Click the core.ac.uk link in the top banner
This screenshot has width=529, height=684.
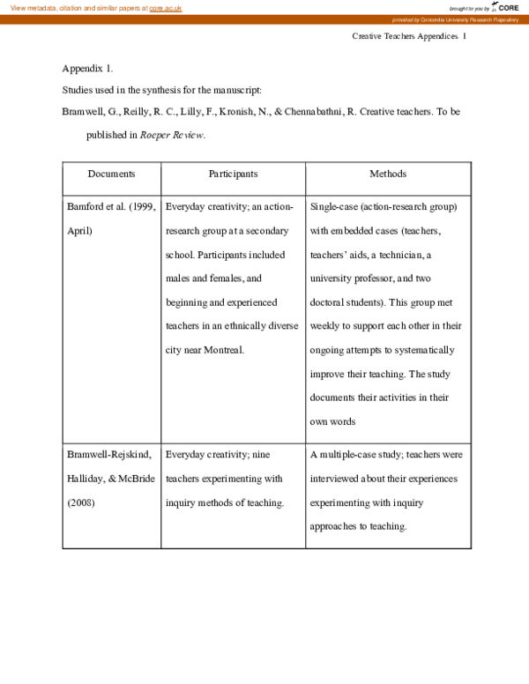pyautogui.click(x=166, y=7)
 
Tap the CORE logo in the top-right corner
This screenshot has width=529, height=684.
pyautogui.click(x=505, y=7)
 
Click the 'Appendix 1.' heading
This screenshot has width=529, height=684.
pyautogui.click(x=87, y=68)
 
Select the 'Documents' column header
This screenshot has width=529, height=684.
pyautogui.click(x=111, y=174)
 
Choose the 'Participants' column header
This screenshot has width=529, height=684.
pyautogui.click(x=233, y=174)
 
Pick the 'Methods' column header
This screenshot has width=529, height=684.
pyautogui.click(x=388, y=174)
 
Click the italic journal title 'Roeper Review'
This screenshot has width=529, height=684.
pyautogui.click(x=172, y=135)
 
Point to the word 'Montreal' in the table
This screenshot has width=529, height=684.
pyautogui.click(x=223, y=350)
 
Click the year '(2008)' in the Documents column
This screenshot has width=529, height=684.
pyautogui.click(x=81, y=502)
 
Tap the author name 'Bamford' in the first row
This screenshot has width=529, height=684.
pyautogui.click(x=85, y=207)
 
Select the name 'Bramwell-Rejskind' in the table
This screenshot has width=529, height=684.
pyautogui.click(x=109, y=455)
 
